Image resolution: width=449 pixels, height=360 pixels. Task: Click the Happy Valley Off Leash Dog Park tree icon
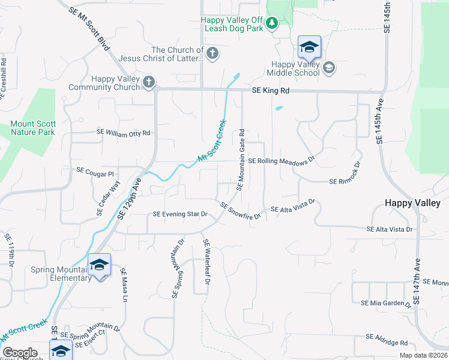[x=272, y=23]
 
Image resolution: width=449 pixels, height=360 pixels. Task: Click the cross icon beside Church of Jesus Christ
[x=211, y=54]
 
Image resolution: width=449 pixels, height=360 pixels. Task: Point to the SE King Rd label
[x=270, y=91]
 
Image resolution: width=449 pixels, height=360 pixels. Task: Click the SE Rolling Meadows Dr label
[x=282, y=161]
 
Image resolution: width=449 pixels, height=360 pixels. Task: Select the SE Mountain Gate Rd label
[x=241, y=160]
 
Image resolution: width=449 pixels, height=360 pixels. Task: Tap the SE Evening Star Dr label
[x=179, y=214]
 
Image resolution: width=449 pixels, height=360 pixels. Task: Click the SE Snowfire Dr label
[x=240, y=211]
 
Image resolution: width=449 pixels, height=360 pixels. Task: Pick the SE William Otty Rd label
[x=123, y=133]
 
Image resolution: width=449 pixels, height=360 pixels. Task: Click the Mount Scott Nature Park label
[x=32, y=128]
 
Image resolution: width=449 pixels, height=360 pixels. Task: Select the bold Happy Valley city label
[x=413, y=203]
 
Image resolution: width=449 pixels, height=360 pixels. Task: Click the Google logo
[x=20, y=353]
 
